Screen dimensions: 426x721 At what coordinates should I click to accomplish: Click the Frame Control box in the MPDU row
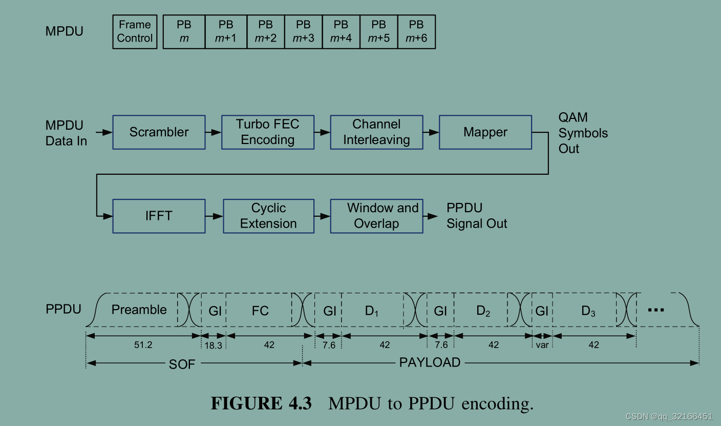(135, 31)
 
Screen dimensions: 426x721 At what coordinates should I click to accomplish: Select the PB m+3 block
(303, 31)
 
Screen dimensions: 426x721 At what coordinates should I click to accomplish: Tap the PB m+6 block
(416, 31)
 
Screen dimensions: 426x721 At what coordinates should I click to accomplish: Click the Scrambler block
(159, 132)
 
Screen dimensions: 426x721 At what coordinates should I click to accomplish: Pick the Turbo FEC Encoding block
(267, 132)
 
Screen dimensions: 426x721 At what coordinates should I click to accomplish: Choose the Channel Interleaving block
(376, 132)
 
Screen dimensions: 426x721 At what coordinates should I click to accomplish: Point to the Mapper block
(485, 132)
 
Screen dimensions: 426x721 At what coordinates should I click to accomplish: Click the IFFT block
(159, 216)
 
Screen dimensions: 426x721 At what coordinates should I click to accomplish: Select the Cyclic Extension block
(268, 216)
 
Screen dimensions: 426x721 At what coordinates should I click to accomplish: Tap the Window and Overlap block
(376, 216)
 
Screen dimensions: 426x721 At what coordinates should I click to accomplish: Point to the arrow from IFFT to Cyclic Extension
(214, 216)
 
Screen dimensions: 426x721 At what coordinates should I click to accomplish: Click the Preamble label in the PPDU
(139, 310)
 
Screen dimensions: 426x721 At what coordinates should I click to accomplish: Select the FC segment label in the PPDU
(260, 311)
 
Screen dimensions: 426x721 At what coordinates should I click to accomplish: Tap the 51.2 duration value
(143, 345)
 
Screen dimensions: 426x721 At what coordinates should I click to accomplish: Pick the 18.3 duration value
(214, 346)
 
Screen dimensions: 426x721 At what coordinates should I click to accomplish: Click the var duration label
(542, 346)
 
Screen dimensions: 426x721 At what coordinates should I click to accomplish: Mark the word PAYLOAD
(430, 363)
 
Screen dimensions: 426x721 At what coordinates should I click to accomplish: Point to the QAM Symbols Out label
(583, 133)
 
